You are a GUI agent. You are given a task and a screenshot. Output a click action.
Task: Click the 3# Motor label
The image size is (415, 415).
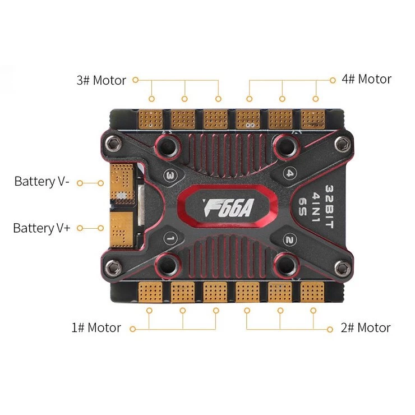(101, 80)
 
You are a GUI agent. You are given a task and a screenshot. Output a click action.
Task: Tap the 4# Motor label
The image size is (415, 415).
(366, 79)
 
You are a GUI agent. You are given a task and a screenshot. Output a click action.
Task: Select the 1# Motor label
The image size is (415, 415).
(96, 328)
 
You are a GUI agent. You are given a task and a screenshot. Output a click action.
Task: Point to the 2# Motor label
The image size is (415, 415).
(366, 328)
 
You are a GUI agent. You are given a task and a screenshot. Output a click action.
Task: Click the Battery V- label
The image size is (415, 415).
(42, 182)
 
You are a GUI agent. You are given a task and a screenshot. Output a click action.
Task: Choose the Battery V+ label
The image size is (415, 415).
(41, 228)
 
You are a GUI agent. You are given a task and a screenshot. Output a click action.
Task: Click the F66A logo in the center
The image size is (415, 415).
(228, 208)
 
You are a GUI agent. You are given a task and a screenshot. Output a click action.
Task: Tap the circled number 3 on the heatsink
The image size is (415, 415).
(170, 175)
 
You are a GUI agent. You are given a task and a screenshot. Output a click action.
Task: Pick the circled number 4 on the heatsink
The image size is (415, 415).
(290, 174)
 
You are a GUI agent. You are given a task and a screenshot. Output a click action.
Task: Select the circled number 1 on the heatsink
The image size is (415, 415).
(170, 238)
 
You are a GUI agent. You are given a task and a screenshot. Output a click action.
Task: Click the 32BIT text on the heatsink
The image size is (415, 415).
(329, 206)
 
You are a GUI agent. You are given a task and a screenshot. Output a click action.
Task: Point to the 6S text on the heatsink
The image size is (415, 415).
(302, 206)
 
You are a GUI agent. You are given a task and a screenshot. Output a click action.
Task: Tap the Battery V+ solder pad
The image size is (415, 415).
(122, 229)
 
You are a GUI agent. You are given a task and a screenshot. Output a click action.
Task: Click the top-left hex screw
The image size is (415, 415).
(113, 144)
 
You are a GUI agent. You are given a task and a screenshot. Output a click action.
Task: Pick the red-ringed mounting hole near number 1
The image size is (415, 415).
(168, 265)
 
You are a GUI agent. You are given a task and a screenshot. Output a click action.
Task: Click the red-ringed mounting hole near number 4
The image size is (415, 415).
(286, 146)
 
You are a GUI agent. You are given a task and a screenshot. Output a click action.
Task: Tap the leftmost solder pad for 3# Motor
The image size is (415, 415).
(151, 119)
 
